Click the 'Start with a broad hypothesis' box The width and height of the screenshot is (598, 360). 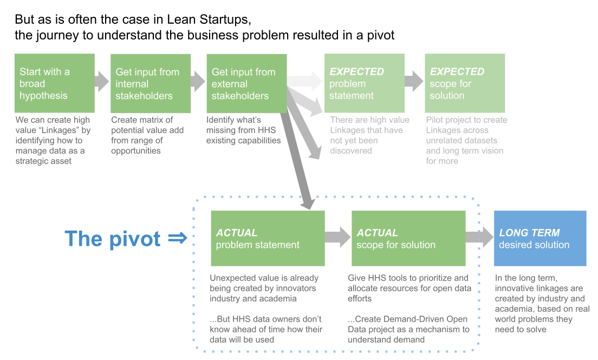(55, 83)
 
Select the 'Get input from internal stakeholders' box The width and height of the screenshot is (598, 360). (151, 83)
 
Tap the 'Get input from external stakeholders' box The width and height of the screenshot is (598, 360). (246, 83)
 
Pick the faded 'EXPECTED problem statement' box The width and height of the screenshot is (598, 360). (364, 83)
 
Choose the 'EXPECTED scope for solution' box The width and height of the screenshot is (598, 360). (465, 83)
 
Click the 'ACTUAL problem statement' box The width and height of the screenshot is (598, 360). (268, 238)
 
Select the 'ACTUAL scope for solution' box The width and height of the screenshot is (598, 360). (408, 238)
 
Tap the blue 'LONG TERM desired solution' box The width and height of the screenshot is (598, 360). (540, 238)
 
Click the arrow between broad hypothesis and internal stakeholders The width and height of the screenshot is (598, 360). (102, 82)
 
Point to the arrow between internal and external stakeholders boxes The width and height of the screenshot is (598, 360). (198, 82)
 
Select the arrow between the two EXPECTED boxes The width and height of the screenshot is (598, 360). (414, 81)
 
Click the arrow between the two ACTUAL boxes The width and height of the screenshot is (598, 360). (338, 237)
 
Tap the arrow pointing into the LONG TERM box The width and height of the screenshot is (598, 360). (479, 237)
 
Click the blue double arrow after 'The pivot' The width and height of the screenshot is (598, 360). (178, 238)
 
